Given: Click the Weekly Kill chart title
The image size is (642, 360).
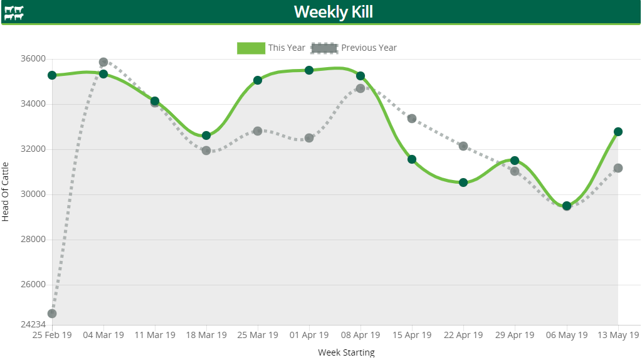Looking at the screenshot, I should pos(334,12).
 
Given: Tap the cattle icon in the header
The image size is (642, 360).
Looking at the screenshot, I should pos(14,13).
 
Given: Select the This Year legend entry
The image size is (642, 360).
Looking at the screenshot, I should pos(271,48).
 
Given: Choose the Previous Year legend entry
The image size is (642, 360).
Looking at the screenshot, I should pos(354,48).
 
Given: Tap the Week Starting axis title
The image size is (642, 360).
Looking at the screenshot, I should pos(346,352).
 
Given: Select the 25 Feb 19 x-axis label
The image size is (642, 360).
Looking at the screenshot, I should pos(52,335).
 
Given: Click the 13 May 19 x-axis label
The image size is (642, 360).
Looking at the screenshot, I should pos(618,335).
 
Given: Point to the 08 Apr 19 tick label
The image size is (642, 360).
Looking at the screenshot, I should pos(360,335).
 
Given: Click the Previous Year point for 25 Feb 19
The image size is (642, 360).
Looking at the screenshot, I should pos(52,314).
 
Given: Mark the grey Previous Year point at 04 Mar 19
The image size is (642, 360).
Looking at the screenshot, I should pos(103,62).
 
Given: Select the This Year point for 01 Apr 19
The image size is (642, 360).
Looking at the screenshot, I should pos(309,70).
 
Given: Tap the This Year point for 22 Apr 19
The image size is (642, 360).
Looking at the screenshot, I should pos(463,183).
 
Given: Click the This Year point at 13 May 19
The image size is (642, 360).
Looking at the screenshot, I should pos(618,132).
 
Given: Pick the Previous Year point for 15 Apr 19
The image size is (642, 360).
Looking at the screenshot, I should pos(412,119).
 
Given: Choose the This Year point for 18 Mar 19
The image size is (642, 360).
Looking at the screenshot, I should pos(206,135).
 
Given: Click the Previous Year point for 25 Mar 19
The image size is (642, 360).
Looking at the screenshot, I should pos(258,131).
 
